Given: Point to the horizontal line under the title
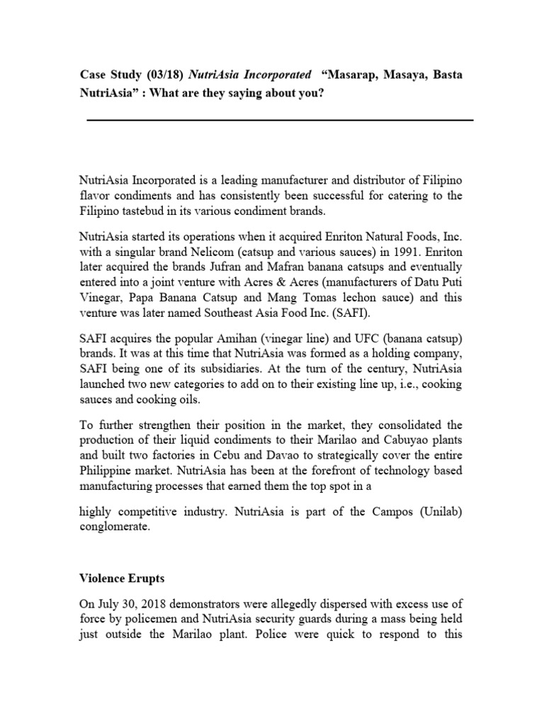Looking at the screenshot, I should pos(280,120).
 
